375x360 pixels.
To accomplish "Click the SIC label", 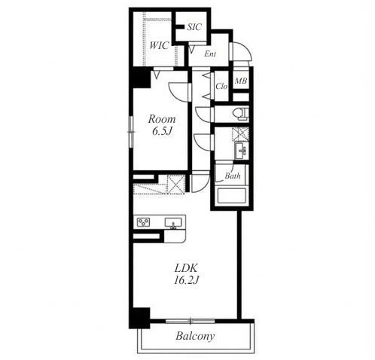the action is coord(194,27).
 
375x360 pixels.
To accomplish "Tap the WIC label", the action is coord(159,45).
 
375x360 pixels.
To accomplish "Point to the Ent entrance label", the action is coord(210,53).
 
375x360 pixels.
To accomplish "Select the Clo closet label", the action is coord(221,87).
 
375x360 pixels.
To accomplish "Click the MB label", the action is coord(241,81).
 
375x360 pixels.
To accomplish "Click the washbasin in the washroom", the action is coord(241,151).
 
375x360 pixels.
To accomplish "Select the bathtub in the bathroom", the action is coord(231,196).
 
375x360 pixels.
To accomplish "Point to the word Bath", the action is coord(233,175).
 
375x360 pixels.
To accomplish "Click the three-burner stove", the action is coord(143,222).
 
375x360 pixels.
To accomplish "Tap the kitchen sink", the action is coord(173,223).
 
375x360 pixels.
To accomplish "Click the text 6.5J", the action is coord(162,132).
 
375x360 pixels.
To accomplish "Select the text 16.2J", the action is coord(187,280).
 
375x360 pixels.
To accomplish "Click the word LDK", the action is coord(187,268).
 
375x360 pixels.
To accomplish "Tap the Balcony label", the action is coord(195,336).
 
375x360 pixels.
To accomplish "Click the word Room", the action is coord(162,119).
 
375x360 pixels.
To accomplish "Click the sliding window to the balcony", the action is coord(191,321).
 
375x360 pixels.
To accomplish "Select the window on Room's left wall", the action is coord(131,131).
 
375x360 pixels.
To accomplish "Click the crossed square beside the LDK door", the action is coord(175,185).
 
